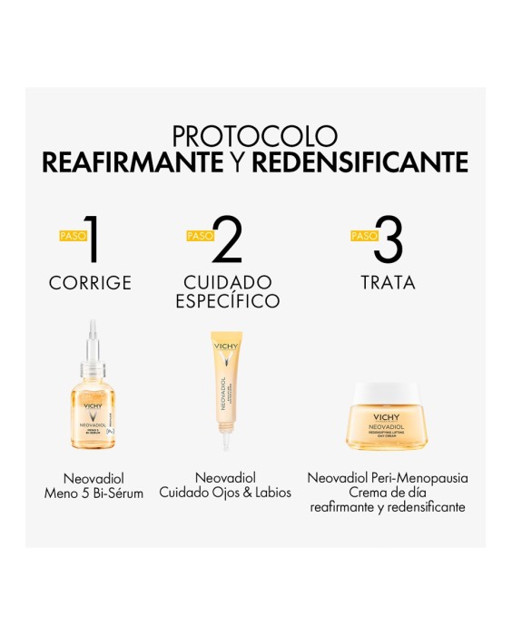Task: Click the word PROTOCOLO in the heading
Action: click(x=255, y=136)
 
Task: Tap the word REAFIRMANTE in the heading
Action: click(x=133, y=163)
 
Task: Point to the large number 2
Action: click(x=227, y=241)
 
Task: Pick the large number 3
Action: click(x=389, y=241)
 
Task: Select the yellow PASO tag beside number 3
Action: click(x=363, y=236)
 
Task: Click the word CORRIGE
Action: click(x=90, y=283)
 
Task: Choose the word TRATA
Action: click(x=387, y=283)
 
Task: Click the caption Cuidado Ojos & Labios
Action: click(x=225, y=493)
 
